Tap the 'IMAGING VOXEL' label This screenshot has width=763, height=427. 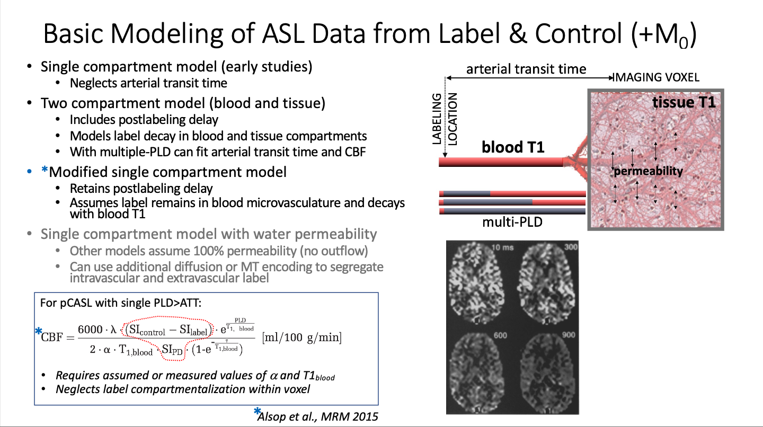point(656,77)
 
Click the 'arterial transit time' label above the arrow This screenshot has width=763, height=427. point(526,69)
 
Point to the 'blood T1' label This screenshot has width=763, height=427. point(513,147)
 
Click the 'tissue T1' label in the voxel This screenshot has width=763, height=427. point(684,102)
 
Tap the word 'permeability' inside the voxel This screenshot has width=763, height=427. point(648,171)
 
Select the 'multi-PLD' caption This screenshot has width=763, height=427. point(512,222)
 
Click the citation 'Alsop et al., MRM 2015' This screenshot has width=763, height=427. point(318,416)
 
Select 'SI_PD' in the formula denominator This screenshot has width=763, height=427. point(172,350)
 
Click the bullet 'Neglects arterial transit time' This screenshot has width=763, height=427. point(148,83)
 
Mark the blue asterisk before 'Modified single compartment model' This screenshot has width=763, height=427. point(45,171)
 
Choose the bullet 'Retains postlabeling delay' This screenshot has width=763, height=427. point(141,189)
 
